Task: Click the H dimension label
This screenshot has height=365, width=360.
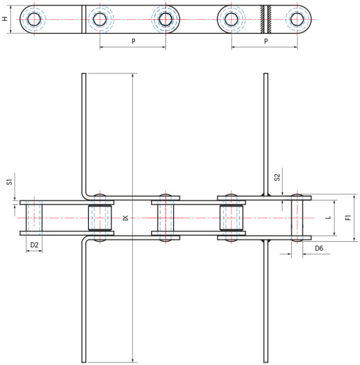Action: click(5, 19)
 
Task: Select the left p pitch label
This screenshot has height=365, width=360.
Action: click(132, 40)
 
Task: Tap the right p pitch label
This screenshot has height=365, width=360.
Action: click(265, 40)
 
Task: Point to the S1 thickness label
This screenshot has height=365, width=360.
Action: click(10, 182)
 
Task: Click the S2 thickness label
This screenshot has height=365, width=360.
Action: click(277, 177)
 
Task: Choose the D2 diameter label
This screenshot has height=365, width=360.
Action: click(34, 245)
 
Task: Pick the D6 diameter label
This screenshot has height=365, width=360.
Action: click(319, 248)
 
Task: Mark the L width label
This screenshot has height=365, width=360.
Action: click(329, 217)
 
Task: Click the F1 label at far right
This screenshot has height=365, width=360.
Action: click(348, 217)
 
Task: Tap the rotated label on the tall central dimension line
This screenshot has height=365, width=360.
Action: click(125, 217)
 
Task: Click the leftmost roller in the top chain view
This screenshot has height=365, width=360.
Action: click(34, 19)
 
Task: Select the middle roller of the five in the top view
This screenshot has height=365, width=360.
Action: click(165, 19)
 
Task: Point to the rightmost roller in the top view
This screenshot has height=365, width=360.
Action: click(298, 19)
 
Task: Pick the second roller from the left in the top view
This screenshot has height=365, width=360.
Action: click(100, 19)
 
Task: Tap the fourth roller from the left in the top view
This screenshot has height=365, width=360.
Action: click(231, 19)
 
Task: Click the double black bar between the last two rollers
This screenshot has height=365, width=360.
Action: click(266, 19)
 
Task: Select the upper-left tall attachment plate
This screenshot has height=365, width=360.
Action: click(84, 132)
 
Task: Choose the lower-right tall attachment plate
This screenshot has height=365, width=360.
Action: click(266, 302)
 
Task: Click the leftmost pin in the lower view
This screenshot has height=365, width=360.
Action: click(34, 217)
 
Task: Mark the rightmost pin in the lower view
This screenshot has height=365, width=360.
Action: click(298, 217)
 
